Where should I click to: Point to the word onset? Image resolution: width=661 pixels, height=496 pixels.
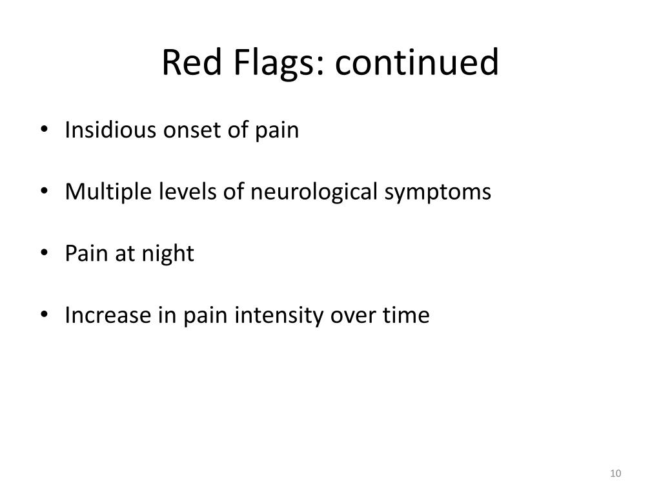[x=184, y=130]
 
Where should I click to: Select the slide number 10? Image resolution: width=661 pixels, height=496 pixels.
[x=615, y=475]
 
